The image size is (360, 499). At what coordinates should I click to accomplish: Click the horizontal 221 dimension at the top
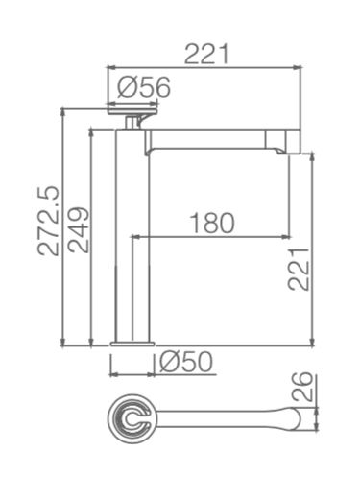pyautogui.click(x=206, y=54)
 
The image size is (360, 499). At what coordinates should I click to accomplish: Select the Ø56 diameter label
pyautogui.click(x=144, y=87)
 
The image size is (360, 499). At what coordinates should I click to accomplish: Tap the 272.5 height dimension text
pyautogui.click(x=49, y=221)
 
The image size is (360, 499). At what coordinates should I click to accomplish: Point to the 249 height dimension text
pyautogui.click(x=79, y=230)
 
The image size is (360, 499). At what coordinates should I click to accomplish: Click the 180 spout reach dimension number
pyautogui.click(x=212, y=223)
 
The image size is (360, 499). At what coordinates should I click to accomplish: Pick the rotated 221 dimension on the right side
pyautogui.click(x=299, y=269)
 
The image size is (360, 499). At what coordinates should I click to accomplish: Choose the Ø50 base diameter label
pyautogui.click(x=185, y=362)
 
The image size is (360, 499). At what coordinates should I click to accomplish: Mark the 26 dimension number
pyautogui.click(x=301, y=387)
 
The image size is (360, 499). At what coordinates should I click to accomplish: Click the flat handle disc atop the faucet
pyautogui.click(x=132, y=111)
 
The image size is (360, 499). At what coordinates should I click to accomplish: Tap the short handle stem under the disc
pyautogui.click(x=132, y=122)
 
